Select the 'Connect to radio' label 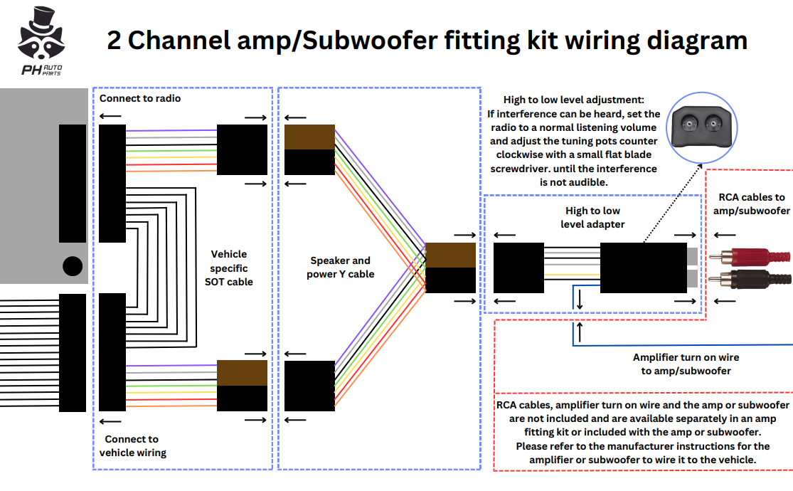click(x=140, y=98)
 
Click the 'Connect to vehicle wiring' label click(x=132, y=445)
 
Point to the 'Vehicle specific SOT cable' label click(x=229, y=268)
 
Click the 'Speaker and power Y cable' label click(x=340, y=268)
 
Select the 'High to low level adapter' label click(x=592, y=217)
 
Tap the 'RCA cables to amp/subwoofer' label click(x=751, y=204)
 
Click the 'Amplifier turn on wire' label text click(x=686, y=357)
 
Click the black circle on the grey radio click(x=73, y=266)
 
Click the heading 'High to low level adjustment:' click(x=573, y=100)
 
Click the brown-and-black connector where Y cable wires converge click(x=450, y=268)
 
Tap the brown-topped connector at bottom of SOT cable click(x=242, y=386)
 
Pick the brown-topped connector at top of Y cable click(x=309, y=149)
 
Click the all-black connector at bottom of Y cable click(x=309, y=386)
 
